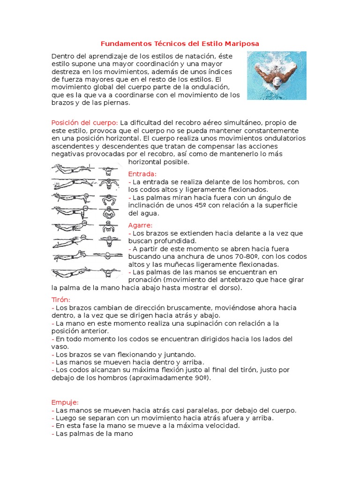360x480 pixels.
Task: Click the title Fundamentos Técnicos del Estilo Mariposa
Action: pos(180,44)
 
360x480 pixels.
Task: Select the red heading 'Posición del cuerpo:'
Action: pos(84,123)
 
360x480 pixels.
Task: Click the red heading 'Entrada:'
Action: pos(142,174)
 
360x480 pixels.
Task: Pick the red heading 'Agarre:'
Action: pos(140,225)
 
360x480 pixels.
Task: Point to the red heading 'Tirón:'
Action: pos(60,299)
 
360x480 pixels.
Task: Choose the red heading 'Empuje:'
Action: pos(65,402)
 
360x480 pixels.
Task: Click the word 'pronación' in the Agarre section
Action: pos(146,280)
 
